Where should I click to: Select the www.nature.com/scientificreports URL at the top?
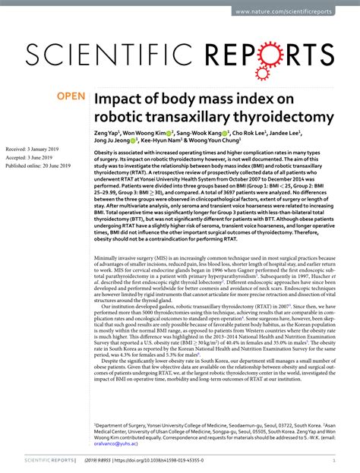(303, 12)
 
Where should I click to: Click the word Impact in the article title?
(117, 99)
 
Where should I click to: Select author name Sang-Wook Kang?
(209, 132)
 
